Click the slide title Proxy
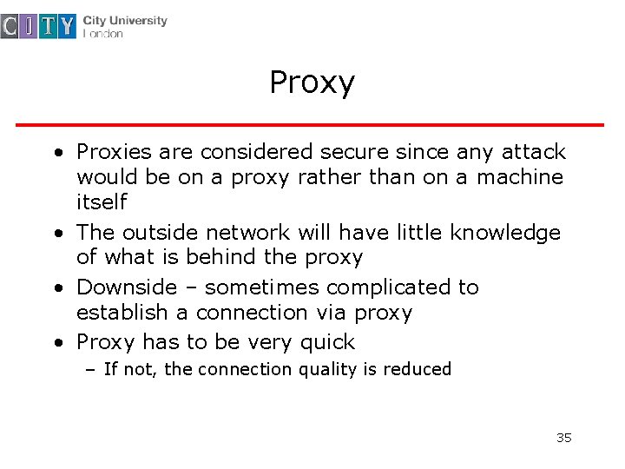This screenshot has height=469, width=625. pos(312,83)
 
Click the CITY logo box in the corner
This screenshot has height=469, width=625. pos(40,26)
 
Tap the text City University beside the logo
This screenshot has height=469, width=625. pos(125,20)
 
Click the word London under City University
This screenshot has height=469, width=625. pos(103,34)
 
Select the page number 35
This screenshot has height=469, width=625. pos(563,437)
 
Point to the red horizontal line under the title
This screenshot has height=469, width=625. pos(310,125)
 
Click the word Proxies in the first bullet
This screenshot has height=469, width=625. pos(114,152)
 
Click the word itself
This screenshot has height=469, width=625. pos(102,202)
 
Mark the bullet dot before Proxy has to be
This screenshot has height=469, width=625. pos(57,343)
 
